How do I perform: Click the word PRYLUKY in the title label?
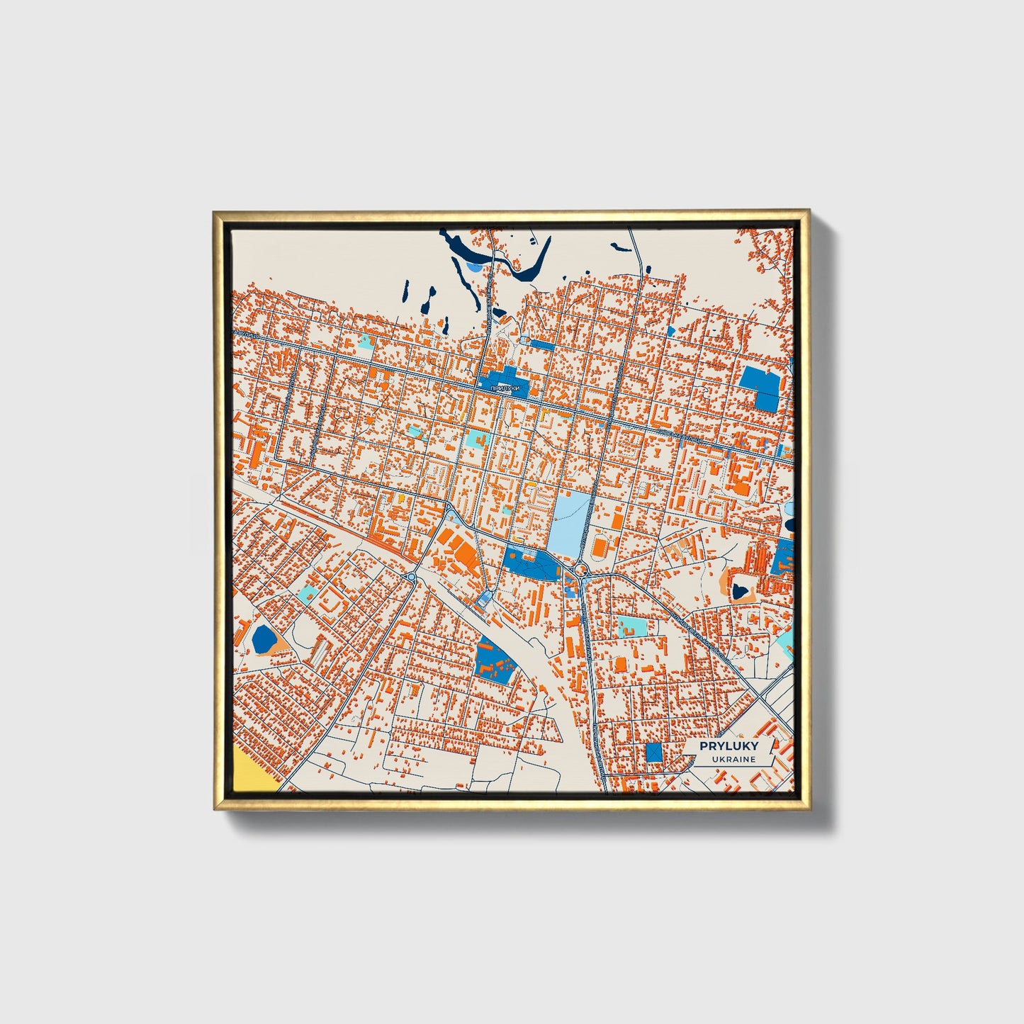pos(728,746)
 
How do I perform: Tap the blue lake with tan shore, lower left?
pos(264,638)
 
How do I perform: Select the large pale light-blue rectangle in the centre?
pos(569,517)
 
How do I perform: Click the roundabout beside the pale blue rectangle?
pos(582,568)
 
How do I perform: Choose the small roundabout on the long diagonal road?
pos(411,577)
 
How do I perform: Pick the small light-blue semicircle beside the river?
pos(473,267)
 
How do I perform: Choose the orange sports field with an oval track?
pos(600,546)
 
